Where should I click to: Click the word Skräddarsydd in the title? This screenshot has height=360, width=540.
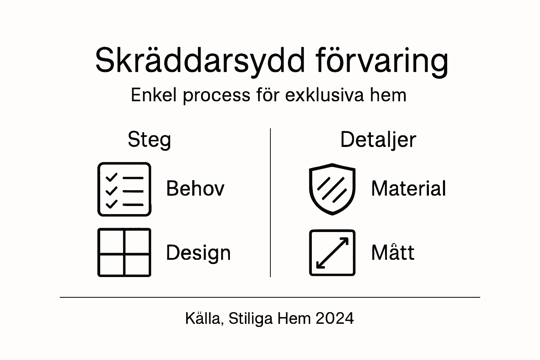coord(200,60)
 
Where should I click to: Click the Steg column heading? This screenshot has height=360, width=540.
coord(149,140)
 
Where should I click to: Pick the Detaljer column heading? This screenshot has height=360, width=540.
coord(378,140)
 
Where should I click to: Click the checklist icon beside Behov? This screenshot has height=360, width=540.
coord(124,189)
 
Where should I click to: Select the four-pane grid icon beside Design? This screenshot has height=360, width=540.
coord(124,252)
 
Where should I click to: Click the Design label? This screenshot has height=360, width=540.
coord(198,253)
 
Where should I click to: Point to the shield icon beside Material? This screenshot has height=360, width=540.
coord(332,189)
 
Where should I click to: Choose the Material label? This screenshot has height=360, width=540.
coord(409,188)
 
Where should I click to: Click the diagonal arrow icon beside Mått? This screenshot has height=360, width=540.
coord(332,252)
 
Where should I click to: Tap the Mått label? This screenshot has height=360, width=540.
coord(393,252)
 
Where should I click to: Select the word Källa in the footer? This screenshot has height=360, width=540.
coord(204,319)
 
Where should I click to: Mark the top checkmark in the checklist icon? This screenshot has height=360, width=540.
coord(111,177)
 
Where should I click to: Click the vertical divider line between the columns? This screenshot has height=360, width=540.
coord(270,202)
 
